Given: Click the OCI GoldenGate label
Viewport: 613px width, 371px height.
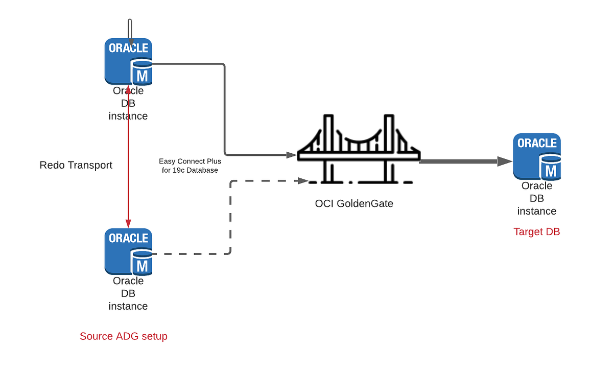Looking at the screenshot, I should click(x=354, y=203).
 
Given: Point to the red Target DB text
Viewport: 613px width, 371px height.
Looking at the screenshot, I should click(x=536, y=231).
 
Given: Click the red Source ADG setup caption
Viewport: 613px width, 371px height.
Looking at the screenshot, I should click(x=124, y=336).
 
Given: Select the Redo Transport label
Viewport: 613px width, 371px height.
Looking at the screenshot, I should click(x=76, y=165).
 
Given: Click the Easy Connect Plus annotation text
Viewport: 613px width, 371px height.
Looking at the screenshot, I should click(x=190, y=166).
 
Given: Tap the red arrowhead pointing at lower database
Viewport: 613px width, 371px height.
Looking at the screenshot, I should click(x=128, y=223).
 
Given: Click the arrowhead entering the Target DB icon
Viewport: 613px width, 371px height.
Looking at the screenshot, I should click(x=505, y=161).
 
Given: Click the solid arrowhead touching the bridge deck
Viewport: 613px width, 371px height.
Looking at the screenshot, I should click(x=292, y=154).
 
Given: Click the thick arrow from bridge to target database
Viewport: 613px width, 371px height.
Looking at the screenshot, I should click(x=460, y=161).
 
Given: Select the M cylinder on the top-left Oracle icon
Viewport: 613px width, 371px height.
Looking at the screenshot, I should click(x=142, y=72).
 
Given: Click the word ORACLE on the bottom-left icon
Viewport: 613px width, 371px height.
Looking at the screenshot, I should click(x=128, y=238).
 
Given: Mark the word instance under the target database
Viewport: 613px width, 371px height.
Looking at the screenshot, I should click(x=536, y=211).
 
